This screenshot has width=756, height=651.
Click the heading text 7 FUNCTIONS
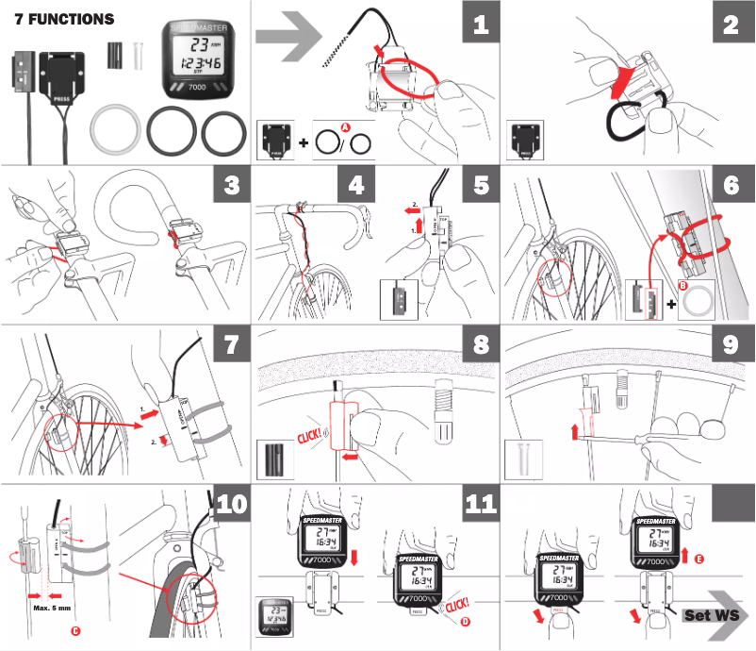[64, 19]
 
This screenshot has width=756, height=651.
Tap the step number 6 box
[731, 184]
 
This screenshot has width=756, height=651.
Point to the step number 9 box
[731, 343]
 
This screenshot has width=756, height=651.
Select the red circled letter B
[685, 283]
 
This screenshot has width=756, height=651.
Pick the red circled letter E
[698, 559]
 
